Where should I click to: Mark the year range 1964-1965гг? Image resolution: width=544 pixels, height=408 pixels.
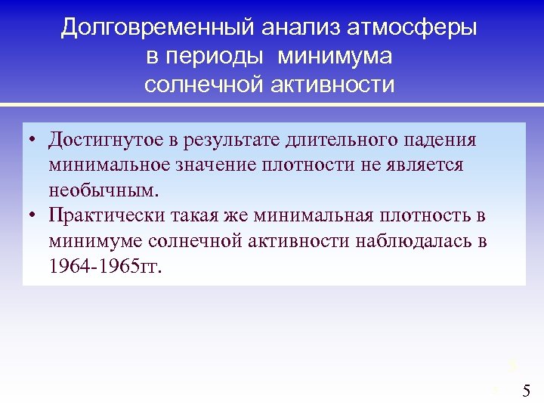[104, 266]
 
